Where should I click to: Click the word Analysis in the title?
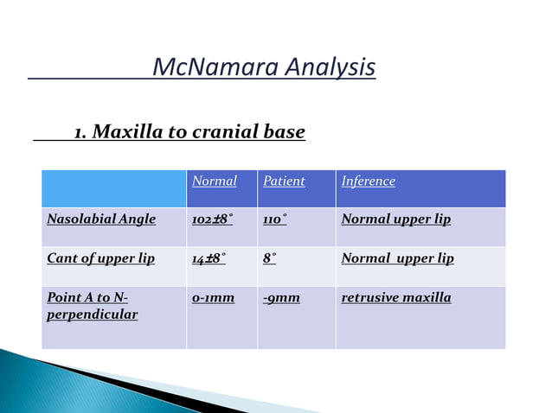click(x=334, y=67)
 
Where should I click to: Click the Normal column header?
click(x=214, y=181)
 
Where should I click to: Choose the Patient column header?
click(x=284, y=181)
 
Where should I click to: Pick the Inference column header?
click(x=369, y=181)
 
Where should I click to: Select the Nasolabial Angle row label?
click(x=101, y=219)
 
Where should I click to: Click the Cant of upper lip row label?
click(x=100, y=258)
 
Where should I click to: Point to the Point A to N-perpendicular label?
click(x=93, y=306)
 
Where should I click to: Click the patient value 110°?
click(x=275, y=219)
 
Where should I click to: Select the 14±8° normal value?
click(x=209, y=258)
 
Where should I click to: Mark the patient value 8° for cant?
click(x=270, y=258)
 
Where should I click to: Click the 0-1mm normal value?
click(x=213, y=298)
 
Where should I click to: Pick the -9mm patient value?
click(x=281, y=298)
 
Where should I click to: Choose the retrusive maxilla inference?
click(x=396, y=298)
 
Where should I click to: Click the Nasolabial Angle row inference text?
click(x=396, y=219)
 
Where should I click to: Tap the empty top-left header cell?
click(x=113, y=188)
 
